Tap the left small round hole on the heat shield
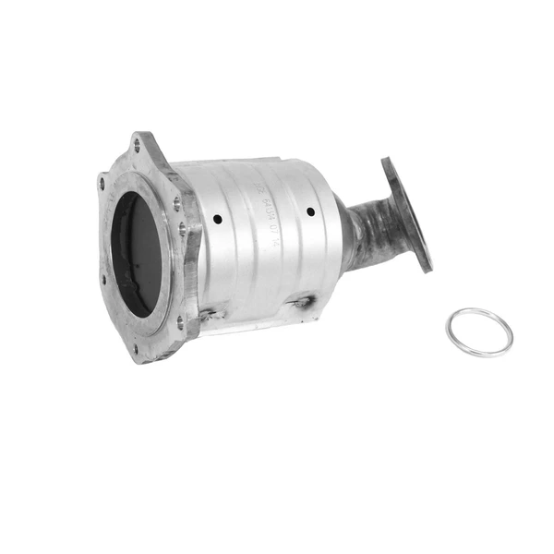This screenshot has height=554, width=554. (x=217, y=220)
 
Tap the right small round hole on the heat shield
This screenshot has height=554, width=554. (x=310, y=211)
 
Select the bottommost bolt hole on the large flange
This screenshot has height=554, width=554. (x=136, y=348)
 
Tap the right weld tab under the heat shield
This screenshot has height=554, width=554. (x=302, y=303)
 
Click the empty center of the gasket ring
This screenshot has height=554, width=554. (x=479, y=331)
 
